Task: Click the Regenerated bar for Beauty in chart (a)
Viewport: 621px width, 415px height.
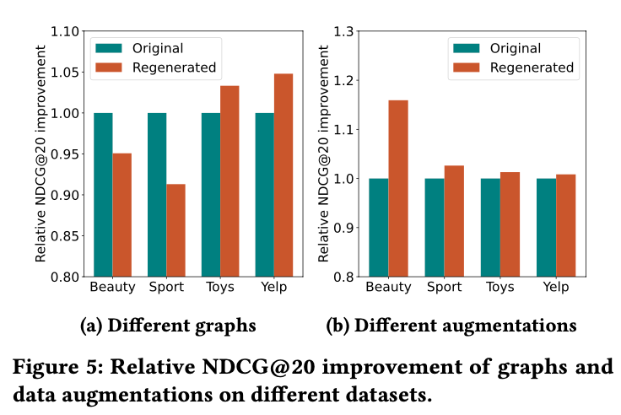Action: point(121,215)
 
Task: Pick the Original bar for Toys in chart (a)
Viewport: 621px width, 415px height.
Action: point(211,195)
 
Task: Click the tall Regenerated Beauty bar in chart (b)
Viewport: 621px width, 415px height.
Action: point(398,189)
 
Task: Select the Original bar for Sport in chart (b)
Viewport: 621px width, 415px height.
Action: point(434,228)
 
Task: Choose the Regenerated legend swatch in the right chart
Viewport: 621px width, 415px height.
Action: point(468,67)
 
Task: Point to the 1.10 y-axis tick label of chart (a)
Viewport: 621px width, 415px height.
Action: point(65,32)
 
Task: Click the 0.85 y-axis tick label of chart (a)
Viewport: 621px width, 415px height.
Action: point(65,236)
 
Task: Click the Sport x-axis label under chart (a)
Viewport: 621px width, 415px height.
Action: point(166,288)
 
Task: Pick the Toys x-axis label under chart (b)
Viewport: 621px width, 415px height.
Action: point(499,288)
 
